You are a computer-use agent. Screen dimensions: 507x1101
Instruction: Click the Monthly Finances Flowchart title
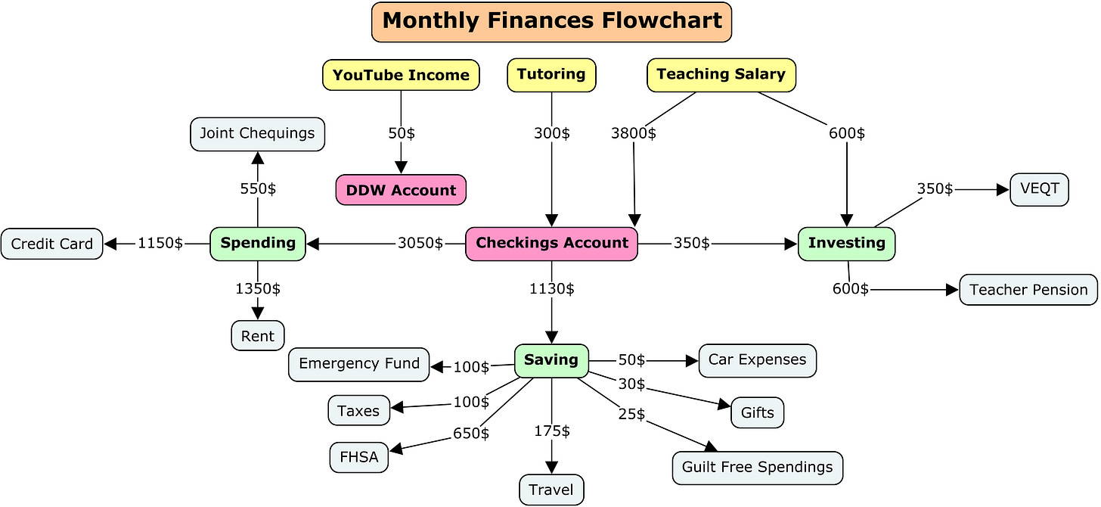click(x=551, y=21)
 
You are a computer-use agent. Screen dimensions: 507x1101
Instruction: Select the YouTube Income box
click(x=401, y=75)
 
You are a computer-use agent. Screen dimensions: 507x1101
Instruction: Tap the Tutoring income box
click(x=551, y=75)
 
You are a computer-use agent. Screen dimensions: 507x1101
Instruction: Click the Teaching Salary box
click(x=721, y=74)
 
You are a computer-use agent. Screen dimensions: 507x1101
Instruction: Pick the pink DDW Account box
click(x=401, y=190)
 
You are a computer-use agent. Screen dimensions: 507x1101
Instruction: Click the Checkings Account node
click(x=551, y=244)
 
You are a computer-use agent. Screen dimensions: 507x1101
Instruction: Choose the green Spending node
click(x=258, y=244)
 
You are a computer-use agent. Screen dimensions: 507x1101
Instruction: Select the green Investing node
click(x=846, y=244)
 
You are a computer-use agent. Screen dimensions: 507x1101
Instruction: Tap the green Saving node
click(x=551, y=360)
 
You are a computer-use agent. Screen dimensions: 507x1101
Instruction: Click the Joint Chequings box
click(x=257, y=134)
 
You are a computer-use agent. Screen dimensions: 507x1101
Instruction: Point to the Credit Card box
click(x=51, y=244)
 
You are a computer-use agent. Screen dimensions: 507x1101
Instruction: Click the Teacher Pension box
click(x=1028, y=290)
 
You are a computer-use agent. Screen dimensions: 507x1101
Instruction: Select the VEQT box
click(x=1039, y=189)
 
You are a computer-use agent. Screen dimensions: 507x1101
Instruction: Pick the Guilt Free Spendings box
click(x=757, y=468)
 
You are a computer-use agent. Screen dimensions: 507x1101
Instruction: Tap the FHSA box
click(x=358, y=458)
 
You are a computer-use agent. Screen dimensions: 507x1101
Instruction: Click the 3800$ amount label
click(x=633, y=134)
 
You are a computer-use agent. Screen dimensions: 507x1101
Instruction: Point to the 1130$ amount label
click(x=551, y=288)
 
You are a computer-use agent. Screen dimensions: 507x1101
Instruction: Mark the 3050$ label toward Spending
click(x=420, y=244)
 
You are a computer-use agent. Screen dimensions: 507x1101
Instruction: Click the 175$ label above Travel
click(x=551, y=431)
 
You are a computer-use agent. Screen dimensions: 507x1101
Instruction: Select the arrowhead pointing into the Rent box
click(x=258, y=313)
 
